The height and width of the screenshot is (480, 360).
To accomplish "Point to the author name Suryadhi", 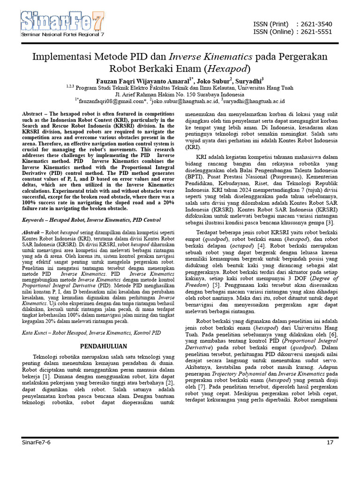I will (248, 80).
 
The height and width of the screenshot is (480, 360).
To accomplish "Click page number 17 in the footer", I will (330, 442).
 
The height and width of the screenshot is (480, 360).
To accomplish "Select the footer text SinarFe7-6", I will (36, 442).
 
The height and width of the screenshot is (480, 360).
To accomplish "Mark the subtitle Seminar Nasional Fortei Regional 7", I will (62, 35).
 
